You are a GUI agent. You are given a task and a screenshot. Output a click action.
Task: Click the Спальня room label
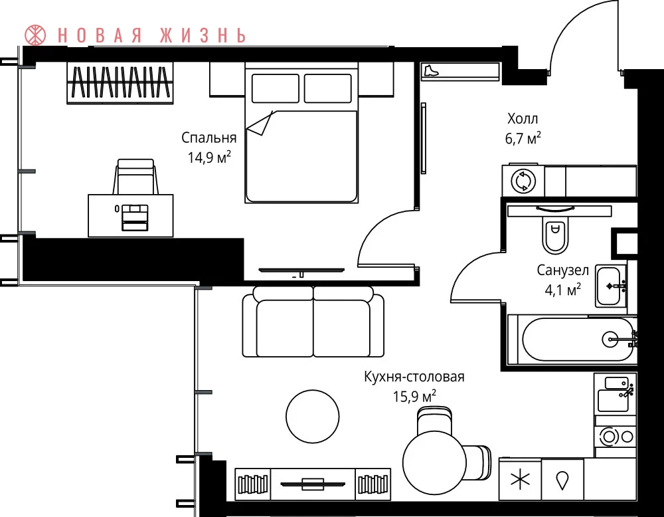208,138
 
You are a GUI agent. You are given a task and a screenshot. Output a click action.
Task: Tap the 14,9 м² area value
209,157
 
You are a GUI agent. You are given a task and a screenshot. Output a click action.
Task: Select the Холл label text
523,118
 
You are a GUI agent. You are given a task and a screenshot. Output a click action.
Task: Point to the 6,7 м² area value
523,138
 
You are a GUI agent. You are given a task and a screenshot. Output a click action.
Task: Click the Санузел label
563,270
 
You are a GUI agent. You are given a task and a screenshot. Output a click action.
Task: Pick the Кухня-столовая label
414,376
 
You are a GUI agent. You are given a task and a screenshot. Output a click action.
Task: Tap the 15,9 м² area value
414,397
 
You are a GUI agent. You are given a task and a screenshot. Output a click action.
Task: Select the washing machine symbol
523,181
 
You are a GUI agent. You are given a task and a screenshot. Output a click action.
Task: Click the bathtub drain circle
610,339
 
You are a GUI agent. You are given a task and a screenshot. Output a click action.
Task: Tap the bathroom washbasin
611,286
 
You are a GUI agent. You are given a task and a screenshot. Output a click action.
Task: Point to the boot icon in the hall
431,70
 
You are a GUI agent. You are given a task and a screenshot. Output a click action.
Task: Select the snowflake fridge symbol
520,480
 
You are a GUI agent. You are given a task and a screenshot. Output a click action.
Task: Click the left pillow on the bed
276,88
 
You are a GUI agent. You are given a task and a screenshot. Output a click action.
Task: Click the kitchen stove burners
616,437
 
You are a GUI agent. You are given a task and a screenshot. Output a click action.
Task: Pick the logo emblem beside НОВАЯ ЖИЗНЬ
35,35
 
